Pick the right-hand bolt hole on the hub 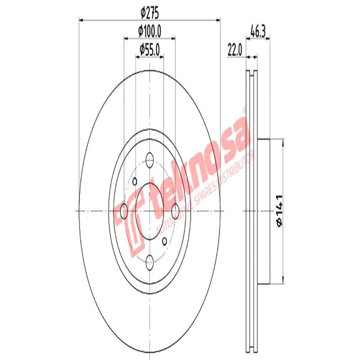(x=175, y=209)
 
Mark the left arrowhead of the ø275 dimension (x=81, y=19)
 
